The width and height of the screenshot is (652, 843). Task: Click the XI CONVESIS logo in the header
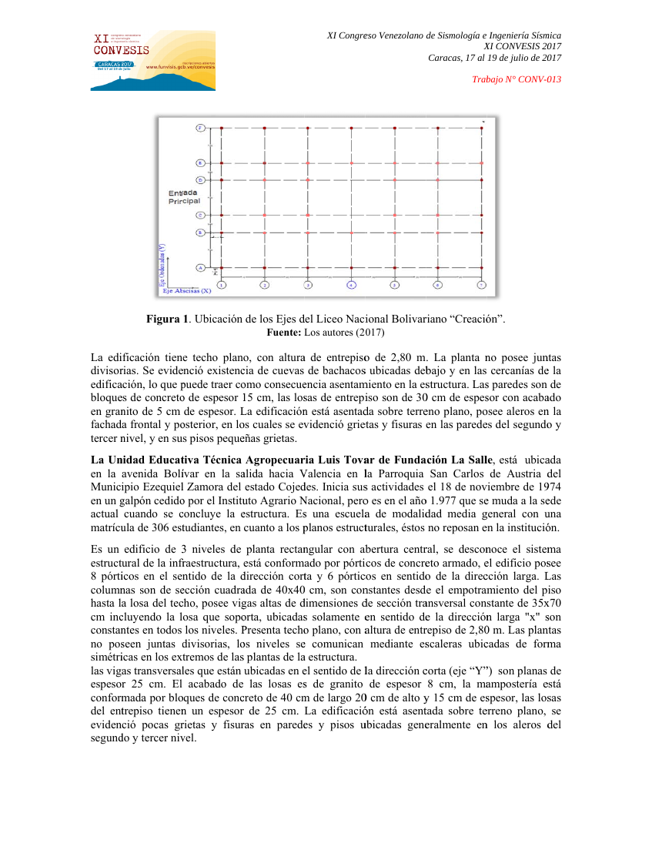click(x=153, y=61)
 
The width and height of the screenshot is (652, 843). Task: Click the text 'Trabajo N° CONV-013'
click(x=517, y=79)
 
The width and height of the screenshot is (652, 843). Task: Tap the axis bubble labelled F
click(x=200, y=128)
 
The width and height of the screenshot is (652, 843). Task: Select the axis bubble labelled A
click(x=200, y=268)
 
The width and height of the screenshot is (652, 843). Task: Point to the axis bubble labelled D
click(x=200, y=179)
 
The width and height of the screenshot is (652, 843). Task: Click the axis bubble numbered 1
click(x=222, y=285)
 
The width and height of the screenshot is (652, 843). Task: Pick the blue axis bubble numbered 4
click(x=351, y=285)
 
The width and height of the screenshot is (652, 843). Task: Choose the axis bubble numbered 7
click(x=481, y=285)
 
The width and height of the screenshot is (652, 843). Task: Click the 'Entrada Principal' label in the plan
click(x=184, y=196)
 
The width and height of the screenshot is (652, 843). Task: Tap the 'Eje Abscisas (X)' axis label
click(x=186, y=291)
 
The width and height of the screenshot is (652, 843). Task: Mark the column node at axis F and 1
click(x=222, y=128)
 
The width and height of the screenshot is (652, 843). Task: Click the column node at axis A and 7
click(x=481, y=268)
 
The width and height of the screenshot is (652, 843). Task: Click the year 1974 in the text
click(x=547, y=487)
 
